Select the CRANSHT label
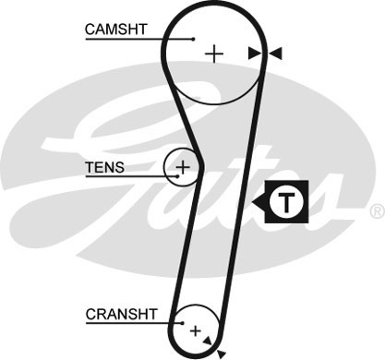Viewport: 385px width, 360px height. (x=116, y=314)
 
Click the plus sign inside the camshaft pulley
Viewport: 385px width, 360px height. (x=214, y=54)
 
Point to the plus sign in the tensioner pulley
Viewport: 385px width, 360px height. (x=183, y=167)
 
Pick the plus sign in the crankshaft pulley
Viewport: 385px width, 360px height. (x=195, y=330)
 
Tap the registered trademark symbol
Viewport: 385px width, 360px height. (x=376, y=211)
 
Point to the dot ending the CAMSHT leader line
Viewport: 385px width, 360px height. (x=193, y=39)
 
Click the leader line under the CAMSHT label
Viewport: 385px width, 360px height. (x=138, y=39)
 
